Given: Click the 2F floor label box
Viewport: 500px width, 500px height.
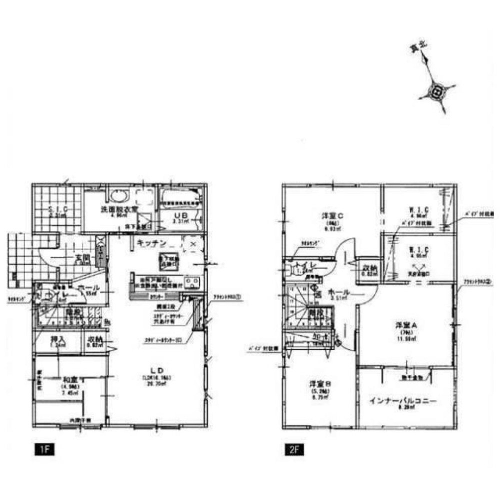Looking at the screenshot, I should (x=294, y=448).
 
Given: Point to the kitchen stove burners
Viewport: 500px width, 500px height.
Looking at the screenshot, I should (x=191, y=283).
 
